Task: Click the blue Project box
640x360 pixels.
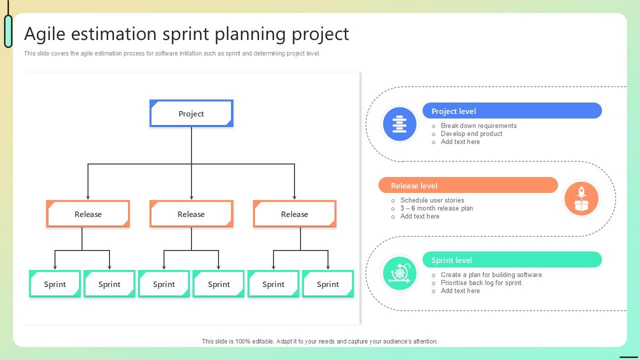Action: [191, 113]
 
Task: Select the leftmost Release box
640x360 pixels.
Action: [88, 214]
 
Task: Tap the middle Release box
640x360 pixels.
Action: [191, 214]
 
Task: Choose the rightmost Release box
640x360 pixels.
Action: [294, 214]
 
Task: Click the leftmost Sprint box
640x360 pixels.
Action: [55, 284]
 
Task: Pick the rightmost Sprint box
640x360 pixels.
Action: [328, 284]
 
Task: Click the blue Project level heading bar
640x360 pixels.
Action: [512, 111]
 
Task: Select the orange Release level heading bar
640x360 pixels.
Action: [468, 185]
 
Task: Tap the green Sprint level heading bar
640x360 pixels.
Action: [512, 260]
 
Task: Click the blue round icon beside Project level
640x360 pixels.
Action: [399, 123]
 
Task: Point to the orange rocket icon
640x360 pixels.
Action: [581, 198]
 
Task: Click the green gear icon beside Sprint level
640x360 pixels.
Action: [399, 273]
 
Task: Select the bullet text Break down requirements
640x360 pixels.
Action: [478, 126]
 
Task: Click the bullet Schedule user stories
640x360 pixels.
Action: [432, 200]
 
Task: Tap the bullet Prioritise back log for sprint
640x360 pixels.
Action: [481, 283]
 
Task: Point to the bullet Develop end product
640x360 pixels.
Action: [471, 134]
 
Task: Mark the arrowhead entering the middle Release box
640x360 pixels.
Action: [191, 197]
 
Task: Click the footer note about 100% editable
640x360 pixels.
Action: [319, 341]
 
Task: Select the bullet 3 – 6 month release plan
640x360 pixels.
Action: [436, 208]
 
